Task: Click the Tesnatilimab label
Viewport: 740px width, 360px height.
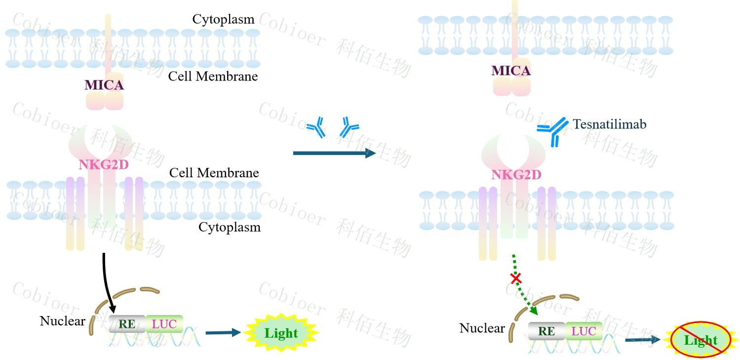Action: coord(609,124)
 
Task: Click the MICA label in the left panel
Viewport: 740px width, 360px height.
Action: coord(104,85)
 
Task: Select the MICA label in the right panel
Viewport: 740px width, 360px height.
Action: coord(511,71)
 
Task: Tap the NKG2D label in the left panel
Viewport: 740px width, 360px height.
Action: coord(104,164)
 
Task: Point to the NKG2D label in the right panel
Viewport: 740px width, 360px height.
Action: coord(516,174)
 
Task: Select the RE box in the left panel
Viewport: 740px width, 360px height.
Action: coord(127,324)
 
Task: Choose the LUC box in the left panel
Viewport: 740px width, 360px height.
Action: coord(164,324)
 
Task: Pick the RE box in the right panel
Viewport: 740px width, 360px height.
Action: coord(546,331)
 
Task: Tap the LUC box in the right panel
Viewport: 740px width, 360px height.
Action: coord(584,331)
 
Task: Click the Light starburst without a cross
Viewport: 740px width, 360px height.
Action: coord(281,333)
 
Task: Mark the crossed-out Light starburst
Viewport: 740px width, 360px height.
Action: coord(701,340)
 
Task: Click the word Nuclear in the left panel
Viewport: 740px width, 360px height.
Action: coord(63,321)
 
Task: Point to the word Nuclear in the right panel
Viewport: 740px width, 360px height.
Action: coord(482,328)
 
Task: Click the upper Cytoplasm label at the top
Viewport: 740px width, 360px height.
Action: coord(223,19)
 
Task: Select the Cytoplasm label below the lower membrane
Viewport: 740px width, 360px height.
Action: coord(230,227)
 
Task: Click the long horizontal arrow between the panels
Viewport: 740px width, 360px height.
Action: coord(334,154)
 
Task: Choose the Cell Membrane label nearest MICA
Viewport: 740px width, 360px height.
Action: coord(213,77)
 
